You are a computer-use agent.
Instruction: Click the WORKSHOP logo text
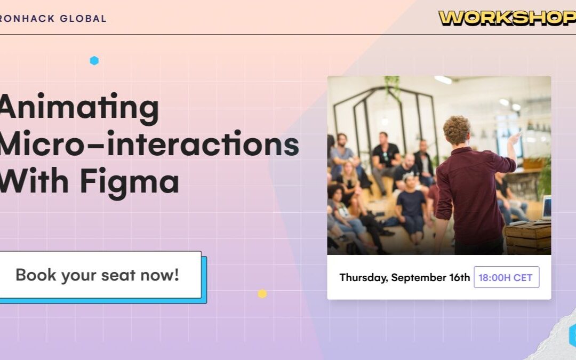[507, 18]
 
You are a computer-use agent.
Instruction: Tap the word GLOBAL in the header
[83, 18]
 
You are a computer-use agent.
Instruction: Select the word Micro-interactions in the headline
[149, 143]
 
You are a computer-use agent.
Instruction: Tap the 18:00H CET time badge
[507, 277]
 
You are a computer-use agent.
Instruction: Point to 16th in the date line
[460, 277]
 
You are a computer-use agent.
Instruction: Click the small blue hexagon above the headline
[94, 61]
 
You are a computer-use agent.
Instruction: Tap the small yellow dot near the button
[262, 293]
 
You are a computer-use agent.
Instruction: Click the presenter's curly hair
[457, 129]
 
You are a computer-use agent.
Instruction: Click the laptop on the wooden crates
[546, 208]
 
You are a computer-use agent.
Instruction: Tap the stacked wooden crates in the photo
[528, 238]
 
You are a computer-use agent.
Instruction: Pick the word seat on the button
[118, 276]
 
